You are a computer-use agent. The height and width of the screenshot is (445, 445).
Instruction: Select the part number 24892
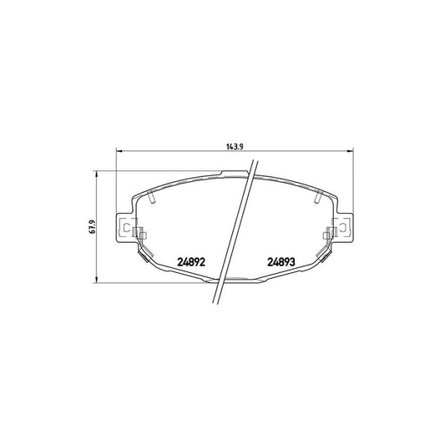coord(191,261)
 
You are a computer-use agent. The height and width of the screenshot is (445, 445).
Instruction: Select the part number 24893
coord(281,261)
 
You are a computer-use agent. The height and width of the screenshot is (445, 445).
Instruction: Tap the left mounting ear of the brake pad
coord(124,227)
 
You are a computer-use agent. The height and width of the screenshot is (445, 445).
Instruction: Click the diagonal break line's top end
coord(254,164)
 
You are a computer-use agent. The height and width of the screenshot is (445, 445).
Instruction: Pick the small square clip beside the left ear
coord(140,234)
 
